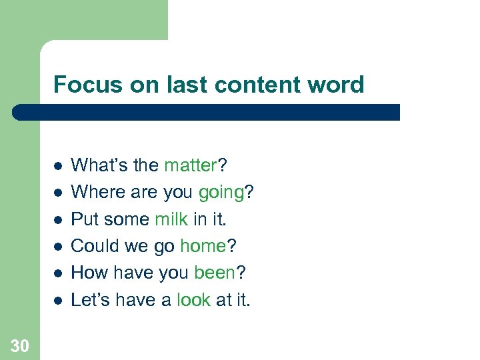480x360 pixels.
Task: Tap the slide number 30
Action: pos(19,345)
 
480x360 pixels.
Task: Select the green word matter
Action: pos(190,165)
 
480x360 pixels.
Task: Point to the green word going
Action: pos(221,192)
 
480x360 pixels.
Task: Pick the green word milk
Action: pos(172,219)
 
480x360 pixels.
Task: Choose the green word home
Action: pos(203,246)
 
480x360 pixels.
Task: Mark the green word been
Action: pos(214,273)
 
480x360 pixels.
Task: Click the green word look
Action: pos(193,301)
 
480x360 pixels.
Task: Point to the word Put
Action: pos(83,219)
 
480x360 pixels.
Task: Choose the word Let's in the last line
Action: pos(91,301)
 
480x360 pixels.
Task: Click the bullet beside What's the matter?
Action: pos(58,165)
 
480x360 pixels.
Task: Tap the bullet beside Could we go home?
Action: pos(58,247)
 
